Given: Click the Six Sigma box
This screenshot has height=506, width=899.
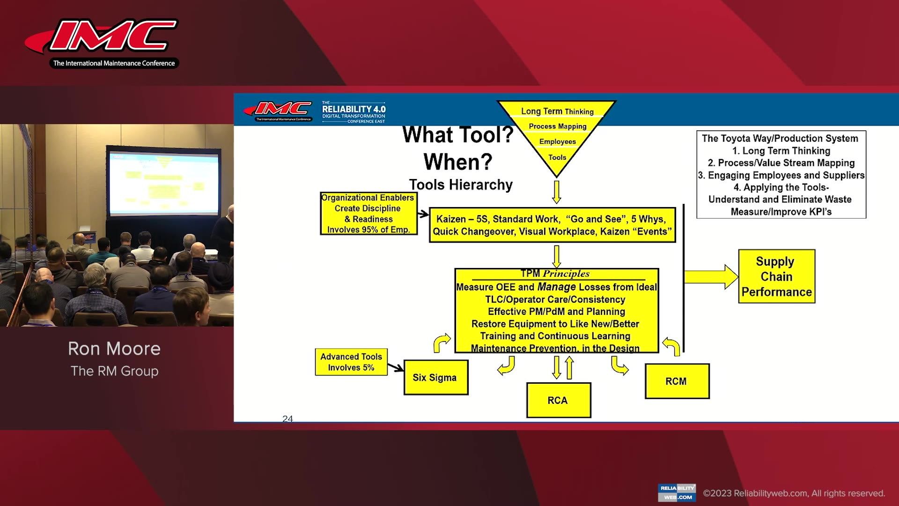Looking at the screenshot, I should click(x=435, y=378).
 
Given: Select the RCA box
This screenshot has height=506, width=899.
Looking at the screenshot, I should click(x=558, y=401).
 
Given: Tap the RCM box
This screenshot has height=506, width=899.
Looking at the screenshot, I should click(x=677, y=381).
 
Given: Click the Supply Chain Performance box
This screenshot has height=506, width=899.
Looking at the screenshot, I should click(x=776, y=276).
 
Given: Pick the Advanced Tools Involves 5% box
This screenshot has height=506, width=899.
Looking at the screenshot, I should click(x=351, y=362).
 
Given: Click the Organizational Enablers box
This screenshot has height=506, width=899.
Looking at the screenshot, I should click(x=368, y=214).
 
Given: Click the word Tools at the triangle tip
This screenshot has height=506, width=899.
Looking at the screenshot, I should click(x=557, y=157).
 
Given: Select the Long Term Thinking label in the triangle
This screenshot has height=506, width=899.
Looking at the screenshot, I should click(x=557, y=112).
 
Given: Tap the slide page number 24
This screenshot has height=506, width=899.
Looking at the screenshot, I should click(x=287, y=419).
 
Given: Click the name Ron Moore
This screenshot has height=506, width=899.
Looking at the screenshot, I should click(x=114, y=349).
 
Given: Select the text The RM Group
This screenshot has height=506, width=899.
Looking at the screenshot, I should click(x=114, y=371).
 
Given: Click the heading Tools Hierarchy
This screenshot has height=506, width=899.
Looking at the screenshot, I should click(x=461, y=185).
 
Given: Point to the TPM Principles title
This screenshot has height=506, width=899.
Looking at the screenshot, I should click(x=555, y=274).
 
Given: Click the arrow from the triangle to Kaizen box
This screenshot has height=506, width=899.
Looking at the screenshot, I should click(x=556, y=192).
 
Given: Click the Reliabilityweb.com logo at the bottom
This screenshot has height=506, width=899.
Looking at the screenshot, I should click(x=677, y=492).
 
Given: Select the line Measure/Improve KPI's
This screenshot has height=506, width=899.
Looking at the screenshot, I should click(x=781, y=212).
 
